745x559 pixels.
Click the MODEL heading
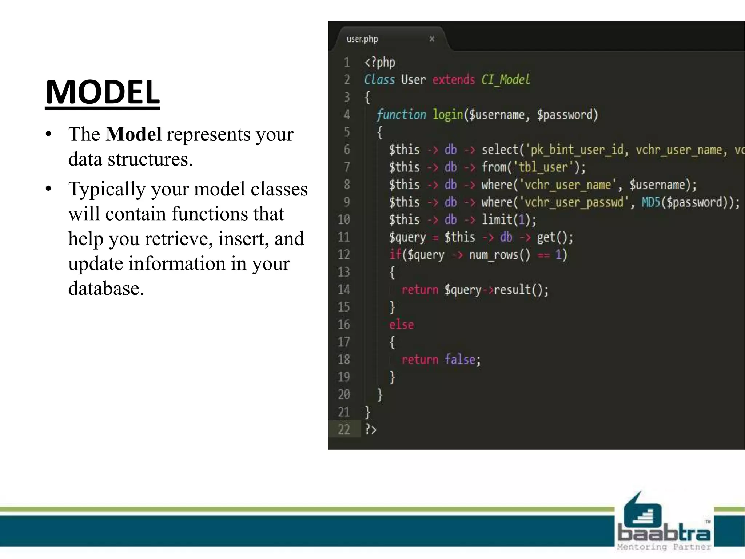[x=102, y=92]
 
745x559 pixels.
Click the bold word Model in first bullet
[x=134, y=134]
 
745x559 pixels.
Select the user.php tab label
[x=362, y=39]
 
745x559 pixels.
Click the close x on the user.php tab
[x=432, y=39]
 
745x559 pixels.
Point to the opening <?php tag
[x=379, y=62]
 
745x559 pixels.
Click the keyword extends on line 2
[x=453, y=80]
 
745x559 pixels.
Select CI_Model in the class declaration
[x=506, y=80]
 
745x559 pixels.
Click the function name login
[x=447, y=115]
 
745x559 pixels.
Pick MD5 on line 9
[x=650, y=202]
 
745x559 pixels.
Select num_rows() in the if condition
[x=499, y=255]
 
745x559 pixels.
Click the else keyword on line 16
[x=401, y=325]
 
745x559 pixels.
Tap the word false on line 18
[x=460, y=360]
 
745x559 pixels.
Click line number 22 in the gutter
[x=344, y=429]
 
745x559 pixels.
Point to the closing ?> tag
[x=371, y=429]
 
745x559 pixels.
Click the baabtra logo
[x=664, y=524]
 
